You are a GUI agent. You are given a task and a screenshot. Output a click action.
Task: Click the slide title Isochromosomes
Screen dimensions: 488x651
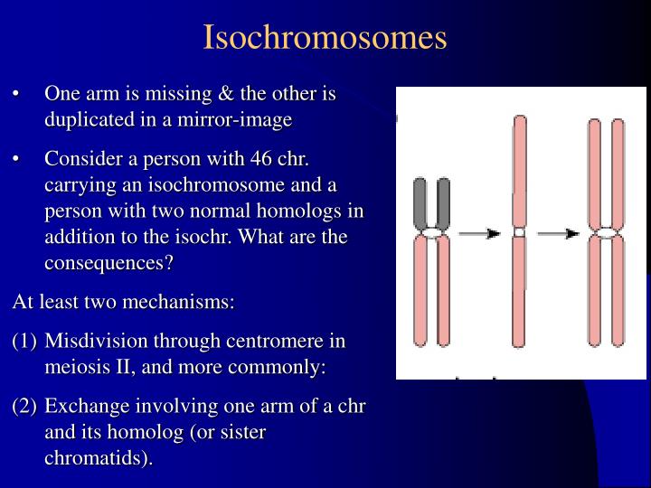pyautogui.click(x=325, y=37)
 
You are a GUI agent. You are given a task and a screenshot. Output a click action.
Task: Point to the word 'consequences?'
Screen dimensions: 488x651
pyautogui.click(x=108, y=264)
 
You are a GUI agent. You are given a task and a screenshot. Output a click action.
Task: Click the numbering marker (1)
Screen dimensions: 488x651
pyautogui.click(x=24, y=342)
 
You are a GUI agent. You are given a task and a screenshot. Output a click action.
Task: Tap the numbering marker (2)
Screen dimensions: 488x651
pyautogui.click(x=24, y=407)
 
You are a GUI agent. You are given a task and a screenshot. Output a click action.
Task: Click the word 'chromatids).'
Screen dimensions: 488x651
pyautogui.click(x=99, y=458)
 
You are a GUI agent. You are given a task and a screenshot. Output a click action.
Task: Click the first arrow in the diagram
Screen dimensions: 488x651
pyautogui.click(x=479, y=233)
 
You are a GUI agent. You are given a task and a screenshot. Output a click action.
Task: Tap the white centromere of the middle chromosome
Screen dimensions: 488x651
pyautogui.click(x=518, y=232)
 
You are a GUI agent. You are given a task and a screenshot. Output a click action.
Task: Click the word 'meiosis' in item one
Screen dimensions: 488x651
pyautogui.click(x=76, y=368)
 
